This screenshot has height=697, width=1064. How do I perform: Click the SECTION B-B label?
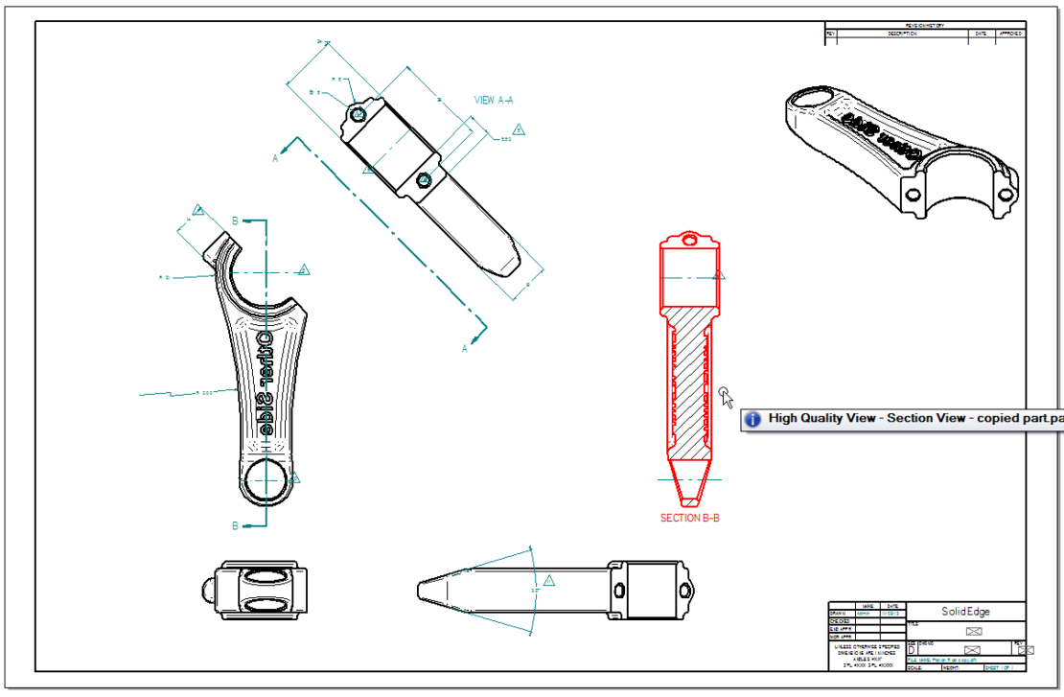tap(689, 518)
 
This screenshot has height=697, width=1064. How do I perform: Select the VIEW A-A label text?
tap(494, 100)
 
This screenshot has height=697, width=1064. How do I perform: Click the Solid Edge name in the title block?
tap(964, 612)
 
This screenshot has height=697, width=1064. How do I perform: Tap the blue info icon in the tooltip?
tap(753, 419)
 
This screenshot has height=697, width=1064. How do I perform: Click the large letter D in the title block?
tap(911, 649)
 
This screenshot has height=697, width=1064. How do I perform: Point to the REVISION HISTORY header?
tap(924, 26)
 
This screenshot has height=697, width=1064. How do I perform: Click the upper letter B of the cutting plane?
tap(236, 221)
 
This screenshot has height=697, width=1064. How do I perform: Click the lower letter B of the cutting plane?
tap(235, 525)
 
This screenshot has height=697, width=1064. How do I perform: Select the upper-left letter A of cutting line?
tap(275, 158)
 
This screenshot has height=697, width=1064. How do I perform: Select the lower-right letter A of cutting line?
tap(465, 348)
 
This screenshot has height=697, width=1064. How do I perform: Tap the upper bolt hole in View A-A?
tap(358, 114)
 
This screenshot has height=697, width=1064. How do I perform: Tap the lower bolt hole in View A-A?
tap(425, 179)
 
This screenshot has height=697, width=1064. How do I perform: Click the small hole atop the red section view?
tap(687, 241)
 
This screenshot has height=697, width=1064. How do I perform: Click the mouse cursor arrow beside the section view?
tap(726, 396)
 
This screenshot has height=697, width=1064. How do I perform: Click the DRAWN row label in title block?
tap(840, 614)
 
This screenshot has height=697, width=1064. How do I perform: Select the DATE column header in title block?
tap(891, 606)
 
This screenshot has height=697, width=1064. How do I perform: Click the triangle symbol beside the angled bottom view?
tap(549, 580)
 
